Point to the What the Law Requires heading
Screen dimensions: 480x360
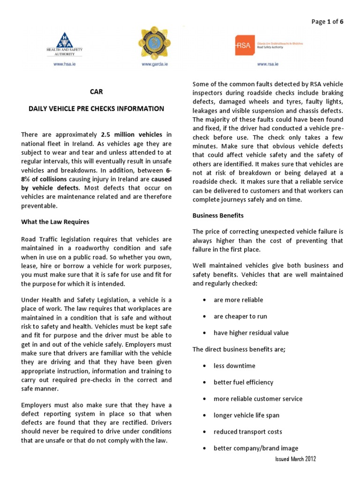coord(55,222)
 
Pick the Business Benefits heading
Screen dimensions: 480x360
coord(218,216)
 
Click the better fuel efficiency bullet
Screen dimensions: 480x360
coord(243,382)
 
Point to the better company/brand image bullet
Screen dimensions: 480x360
coord(255,448)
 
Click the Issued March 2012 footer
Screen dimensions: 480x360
coord(295,459)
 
